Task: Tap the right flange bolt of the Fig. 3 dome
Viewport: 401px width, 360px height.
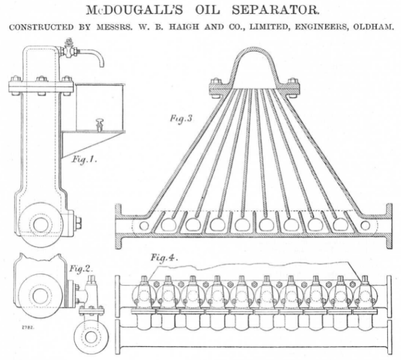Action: (x=293, y=84)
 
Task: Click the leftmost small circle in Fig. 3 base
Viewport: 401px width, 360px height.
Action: (x=143, y=225)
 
